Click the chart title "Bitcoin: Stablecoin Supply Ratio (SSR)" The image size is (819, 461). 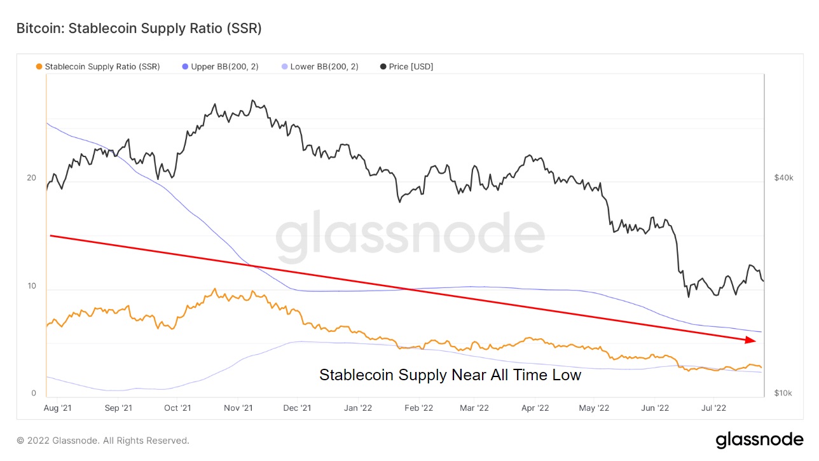point(139,29)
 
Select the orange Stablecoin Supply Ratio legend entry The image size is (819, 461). point(99,66)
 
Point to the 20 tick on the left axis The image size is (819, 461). point(31,178)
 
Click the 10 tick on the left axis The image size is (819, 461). point(31,286)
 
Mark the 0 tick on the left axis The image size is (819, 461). point(34,394)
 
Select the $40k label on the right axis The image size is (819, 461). point(783,178)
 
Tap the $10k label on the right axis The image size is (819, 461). point(783,394)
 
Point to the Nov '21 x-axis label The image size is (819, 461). point(239,408)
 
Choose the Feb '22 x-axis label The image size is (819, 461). point(418,408)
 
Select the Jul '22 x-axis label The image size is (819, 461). point(714,408)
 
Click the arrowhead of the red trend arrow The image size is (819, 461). point(752,341)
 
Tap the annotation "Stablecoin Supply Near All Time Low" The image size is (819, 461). point(450,375)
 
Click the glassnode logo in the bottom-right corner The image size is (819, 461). point(759,440)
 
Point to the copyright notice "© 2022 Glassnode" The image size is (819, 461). point(103,441)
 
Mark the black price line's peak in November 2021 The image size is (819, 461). point(252,100)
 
